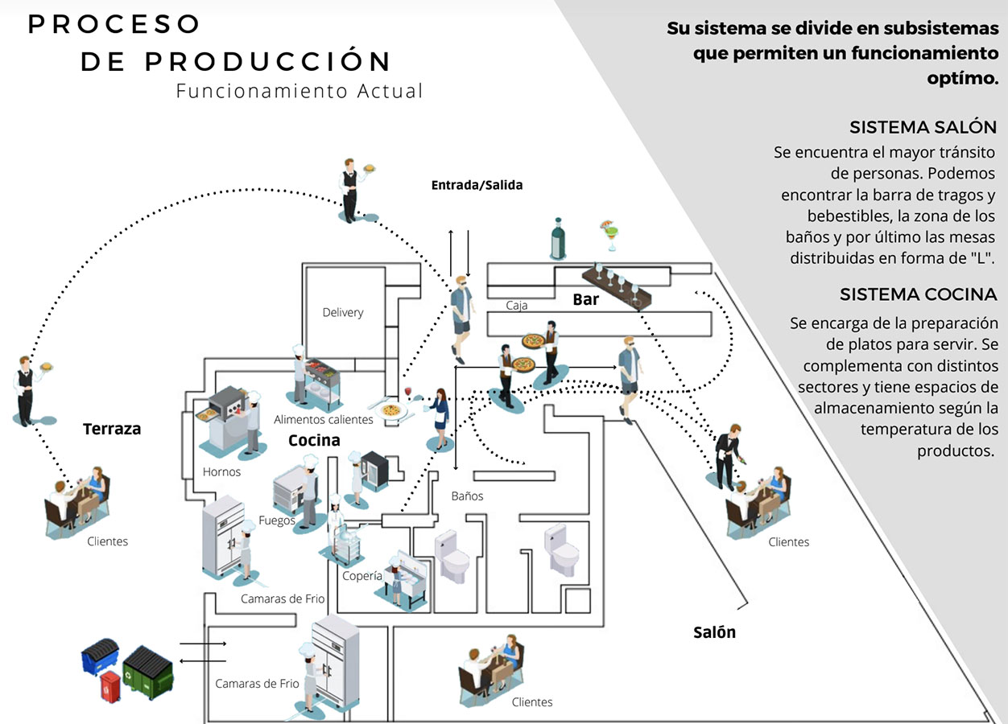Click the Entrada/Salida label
477,185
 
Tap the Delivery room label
343,312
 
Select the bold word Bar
586,299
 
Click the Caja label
517,306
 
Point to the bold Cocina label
314,440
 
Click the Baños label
467,496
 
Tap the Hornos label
221,471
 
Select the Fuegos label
277,520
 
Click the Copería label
361,576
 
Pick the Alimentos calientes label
324,419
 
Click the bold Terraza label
112,429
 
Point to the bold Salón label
715,632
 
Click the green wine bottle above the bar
558,238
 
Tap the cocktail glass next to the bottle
609,236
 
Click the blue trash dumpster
100,656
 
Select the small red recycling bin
110,686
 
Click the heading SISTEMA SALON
923,127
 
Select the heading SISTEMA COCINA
918,294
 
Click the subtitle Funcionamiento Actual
300,91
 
